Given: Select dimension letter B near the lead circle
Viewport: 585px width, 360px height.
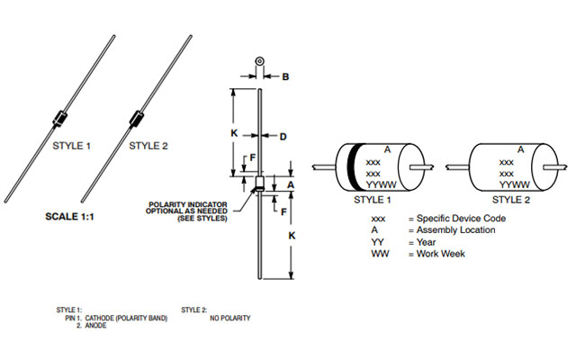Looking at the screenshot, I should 285,76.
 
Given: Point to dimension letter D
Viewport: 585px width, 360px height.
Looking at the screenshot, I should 282,138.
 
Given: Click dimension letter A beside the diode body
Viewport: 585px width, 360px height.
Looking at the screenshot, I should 291,184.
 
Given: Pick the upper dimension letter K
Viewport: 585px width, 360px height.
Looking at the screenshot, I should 232,131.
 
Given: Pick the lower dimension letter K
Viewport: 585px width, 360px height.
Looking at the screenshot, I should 290,235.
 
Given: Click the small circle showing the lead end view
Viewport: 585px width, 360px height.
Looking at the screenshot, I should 259,63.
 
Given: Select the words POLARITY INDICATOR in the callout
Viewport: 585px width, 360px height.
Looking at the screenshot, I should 184,205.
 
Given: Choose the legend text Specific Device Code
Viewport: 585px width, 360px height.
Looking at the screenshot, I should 459,218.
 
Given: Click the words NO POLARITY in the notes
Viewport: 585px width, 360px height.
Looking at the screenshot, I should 229,318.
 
